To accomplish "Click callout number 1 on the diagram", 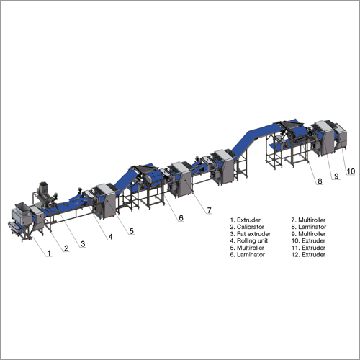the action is click(x=49, y=253).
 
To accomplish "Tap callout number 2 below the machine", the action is click(x=66, y=248).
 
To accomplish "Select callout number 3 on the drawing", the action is click(x=83, y=244).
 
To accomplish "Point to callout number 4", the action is click(x=110, y=237).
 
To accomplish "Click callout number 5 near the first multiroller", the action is click(x=132, y=231).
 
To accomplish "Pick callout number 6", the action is click(x=181, y=218).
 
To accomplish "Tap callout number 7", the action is click(x=210, y=210).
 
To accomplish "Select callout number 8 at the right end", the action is click(x=320, y=181).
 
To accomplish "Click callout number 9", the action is click(x=336, y=176).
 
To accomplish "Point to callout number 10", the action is click(x=351, y=171).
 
